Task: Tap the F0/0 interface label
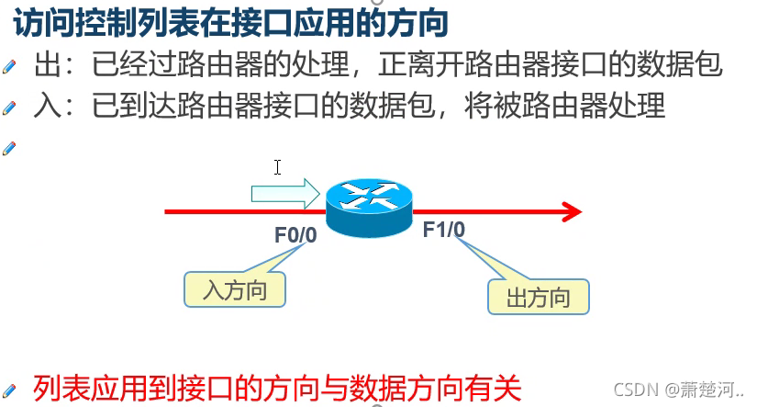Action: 295,235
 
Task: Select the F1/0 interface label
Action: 444,230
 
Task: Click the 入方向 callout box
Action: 234,290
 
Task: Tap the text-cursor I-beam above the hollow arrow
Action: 277,167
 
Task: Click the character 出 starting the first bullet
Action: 47,66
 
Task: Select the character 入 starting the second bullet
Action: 47,106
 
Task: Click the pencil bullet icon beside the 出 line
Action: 10,66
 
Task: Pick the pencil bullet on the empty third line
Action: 10,146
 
